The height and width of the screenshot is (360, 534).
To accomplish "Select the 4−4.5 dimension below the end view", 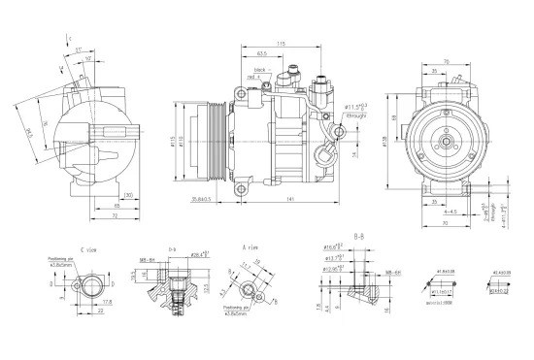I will tap(451, 211).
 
